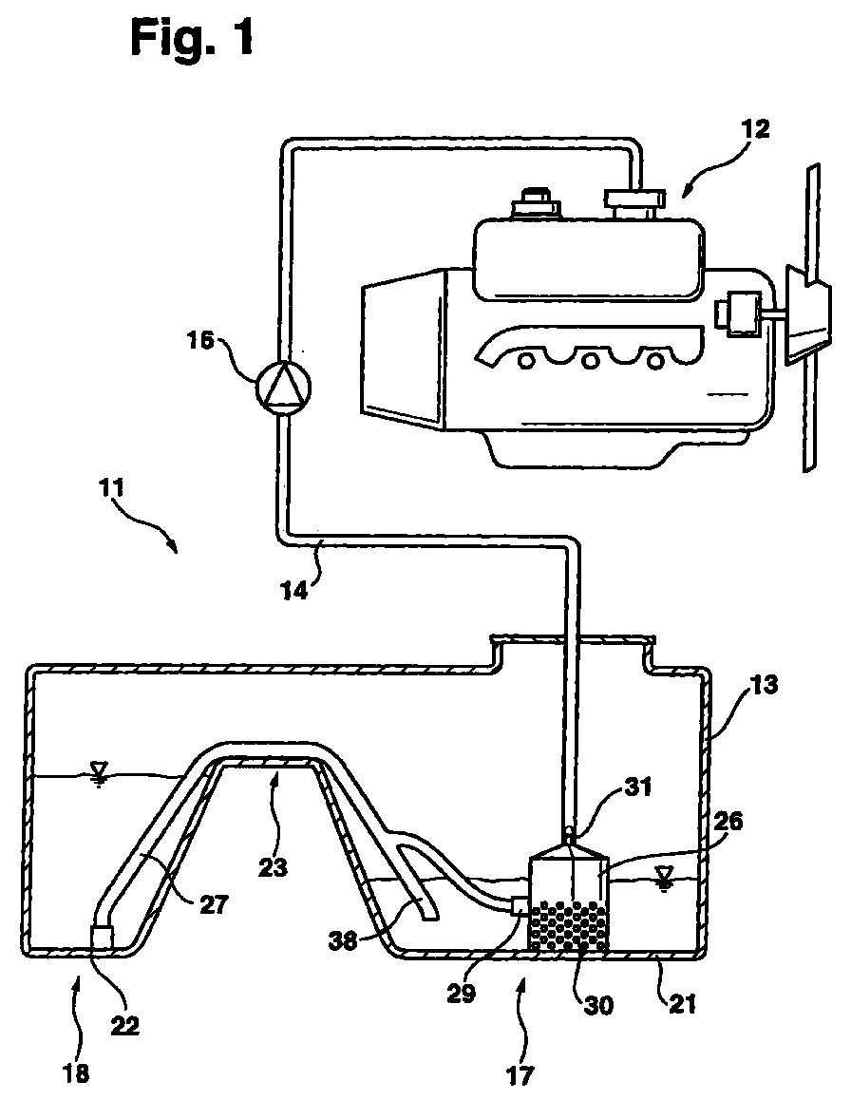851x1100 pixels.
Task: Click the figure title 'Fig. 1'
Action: click(192, 39)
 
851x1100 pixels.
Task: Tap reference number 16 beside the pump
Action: click(200, 342)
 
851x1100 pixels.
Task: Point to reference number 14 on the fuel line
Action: click(294, 591)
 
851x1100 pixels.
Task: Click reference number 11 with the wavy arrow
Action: click(111, 487)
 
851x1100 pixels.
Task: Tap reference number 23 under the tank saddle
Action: click(273, 868)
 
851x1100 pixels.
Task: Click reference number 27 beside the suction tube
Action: click(214, 904)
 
